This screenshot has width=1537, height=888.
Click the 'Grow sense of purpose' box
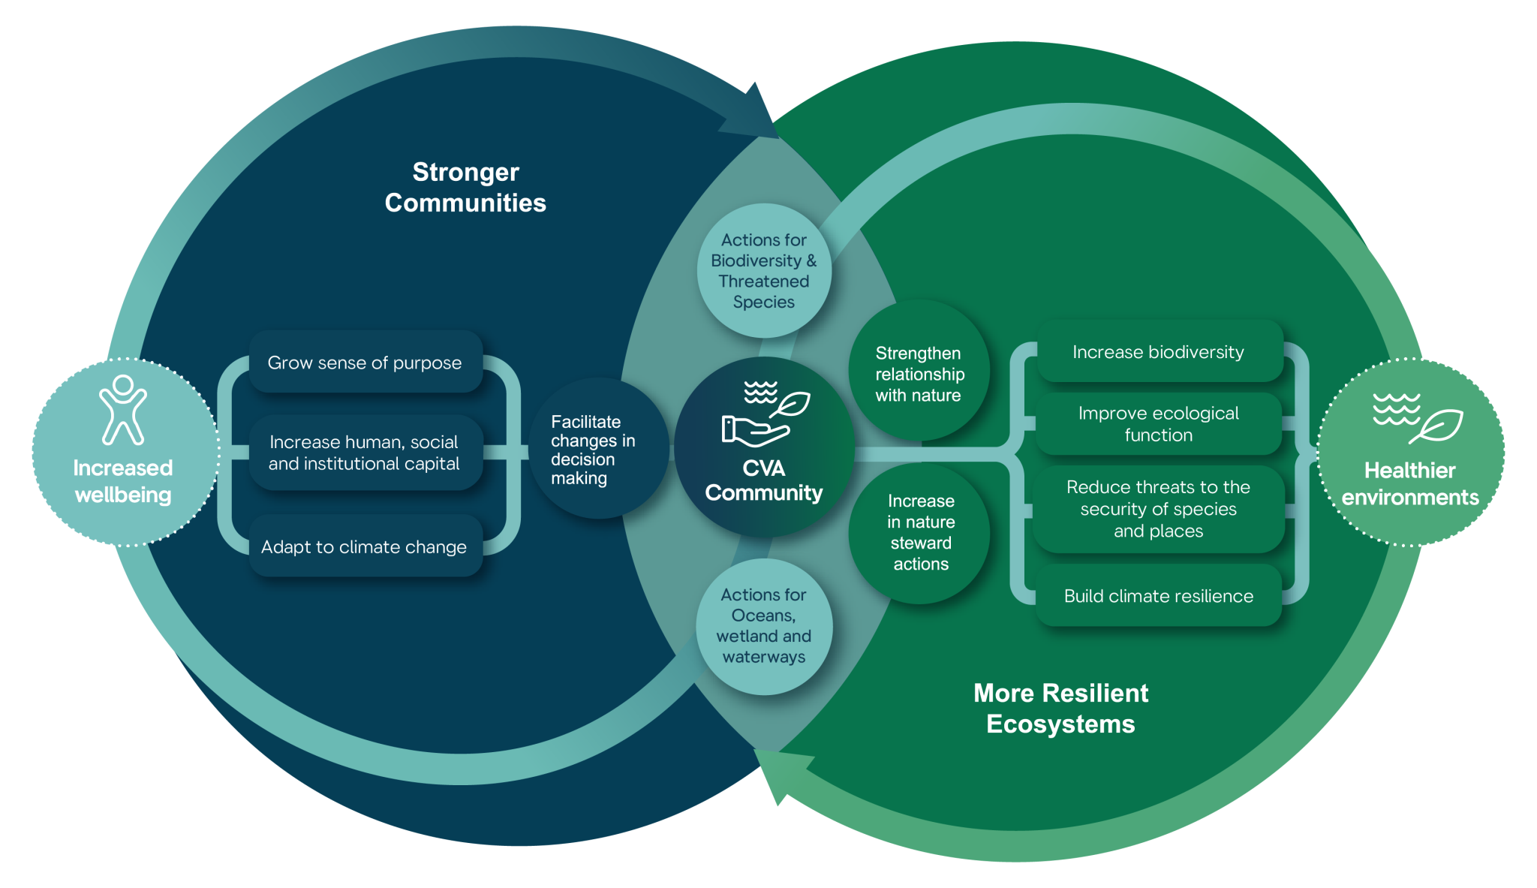365,363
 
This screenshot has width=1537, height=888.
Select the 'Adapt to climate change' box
365,546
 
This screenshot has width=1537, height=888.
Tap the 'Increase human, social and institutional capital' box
365,453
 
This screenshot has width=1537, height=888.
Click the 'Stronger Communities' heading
465,188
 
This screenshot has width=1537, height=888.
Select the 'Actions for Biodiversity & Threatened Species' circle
764,270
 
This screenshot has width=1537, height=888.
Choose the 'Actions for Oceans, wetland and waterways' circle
764,626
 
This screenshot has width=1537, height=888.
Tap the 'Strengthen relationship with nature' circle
919,373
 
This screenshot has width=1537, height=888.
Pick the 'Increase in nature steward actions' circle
920,532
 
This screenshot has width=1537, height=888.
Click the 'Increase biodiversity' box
1158,352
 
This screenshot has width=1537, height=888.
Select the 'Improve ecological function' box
1158,424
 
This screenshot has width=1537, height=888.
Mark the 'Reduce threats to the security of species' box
1158,509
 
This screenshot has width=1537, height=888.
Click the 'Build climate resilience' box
1158,596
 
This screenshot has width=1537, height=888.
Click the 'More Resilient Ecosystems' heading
1060,708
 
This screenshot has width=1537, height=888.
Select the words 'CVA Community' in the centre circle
764,480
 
